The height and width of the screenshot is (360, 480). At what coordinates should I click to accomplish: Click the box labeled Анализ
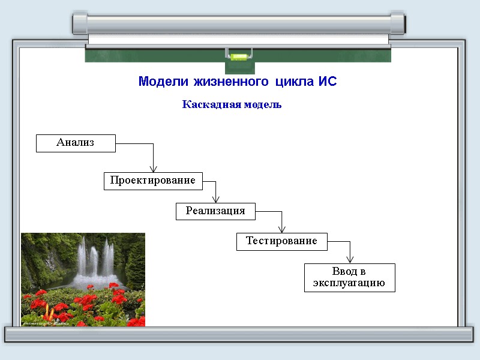76,143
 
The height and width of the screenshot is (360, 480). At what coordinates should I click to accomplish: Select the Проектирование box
152,181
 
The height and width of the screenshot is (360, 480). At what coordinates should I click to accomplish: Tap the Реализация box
215,211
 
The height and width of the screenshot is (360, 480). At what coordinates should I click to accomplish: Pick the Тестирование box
281,241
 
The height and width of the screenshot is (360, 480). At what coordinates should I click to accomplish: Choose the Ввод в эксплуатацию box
349,277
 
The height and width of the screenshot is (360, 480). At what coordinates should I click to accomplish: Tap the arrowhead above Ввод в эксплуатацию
350,259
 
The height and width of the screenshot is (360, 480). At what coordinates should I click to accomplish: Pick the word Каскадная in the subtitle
211,104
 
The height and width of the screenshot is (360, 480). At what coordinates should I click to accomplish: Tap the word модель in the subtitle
262,104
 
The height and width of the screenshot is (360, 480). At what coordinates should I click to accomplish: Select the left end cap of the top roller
80,23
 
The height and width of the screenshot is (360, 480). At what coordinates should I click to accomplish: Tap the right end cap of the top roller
397,23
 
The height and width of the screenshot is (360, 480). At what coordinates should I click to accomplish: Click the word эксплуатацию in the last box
349,283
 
